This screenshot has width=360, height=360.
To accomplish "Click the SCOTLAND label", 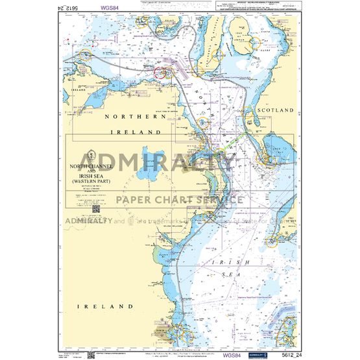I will [276, 111].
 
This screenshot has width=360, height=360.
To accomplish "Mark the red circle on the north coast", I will [163, 73].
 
